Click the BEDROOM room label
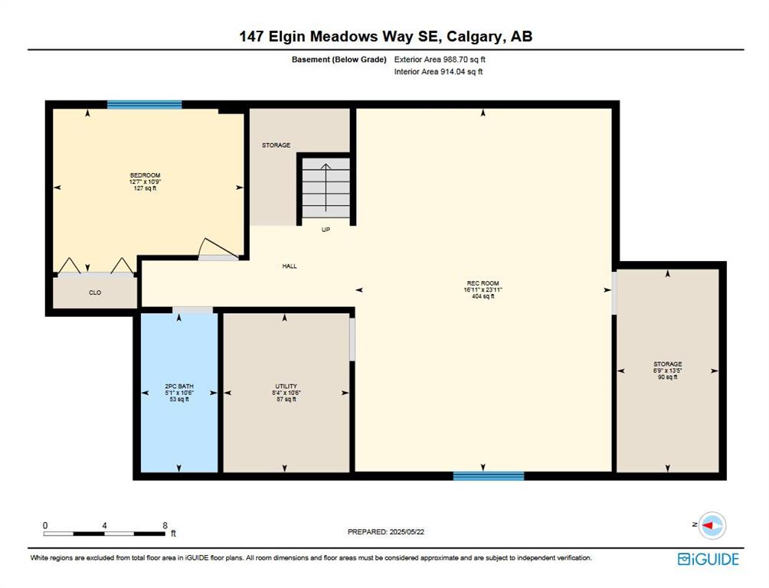point(146,175)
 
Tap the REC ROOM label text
point(483,283)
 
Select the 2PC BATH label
point(179,387)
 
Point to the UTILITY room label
point(286,387)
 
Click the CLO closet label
point(95,292)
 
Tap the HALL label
point(290,266)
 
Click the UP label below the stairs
point(326,230)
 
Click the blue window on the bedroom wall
point(144,104)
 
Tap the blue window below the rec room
point(489,475)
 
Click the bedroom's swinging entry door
point(219,249)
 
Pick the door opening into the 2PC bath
point(193,310)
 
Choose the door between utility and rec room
point(352,339)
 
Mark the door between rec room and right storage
point(614,292)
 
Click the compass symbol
point(712,525)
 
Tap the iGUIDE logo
point(708,559)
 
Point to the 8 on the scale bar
point(165,525)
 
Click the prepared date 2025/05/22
point(407,531)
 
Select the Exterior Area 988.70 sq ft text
point(440,60)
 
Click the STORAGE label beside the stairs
point(276,145)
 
